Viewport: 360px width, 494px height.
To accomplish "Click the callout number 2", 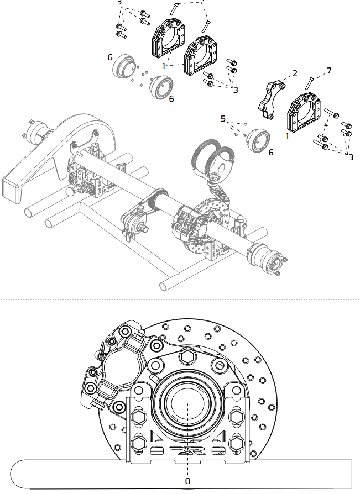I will pos(295,73).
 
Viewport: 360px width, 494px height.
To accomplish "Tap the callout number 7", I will pos(329,71).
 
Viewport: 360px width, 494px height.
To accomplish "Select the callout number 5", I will pos(223,118).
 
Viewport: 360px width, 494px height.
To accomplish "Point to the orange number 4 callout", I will pos(326,125).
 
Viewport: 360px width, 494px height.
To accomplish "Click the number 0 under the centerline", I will pos(187,481).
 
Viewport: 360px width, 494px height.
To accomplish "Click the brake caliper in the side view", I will pos(119,367).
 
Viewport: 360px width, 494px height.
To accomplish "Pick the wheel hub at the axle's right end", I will pos(268,259).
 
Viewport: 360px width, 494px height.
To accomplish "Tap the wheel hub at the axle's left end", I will pos(38,133).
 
